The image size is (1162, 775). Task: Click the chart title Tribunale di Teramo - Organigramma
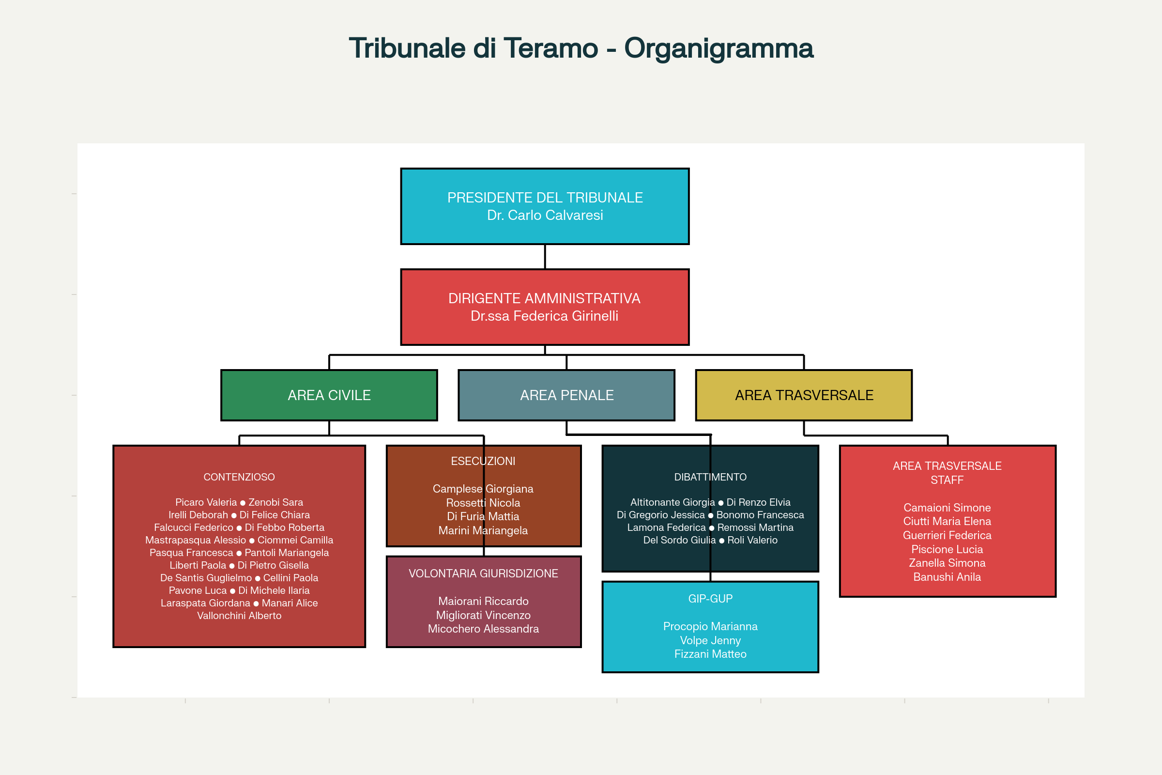[x=581, y=48]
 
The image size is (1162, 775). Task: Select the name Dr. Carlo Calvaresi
[x=545, y=216]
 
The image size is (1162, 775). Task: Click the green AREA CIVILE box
[x=329, y=395]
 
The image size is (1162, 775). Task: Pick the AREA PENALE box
[x=566, y=395]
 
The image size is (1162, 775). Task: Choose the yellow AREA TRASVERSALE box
[x=804, y=395]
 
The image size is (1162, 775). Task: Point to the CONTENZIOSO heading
[x=239, y=477]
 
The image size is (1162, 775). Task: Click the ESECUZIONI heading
[x=483, y=461]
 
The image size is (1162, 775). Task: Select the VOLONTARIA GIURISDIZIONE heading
[x=483, y=573]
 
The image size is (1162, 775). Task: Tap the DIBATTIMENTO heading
[x=710, y=477]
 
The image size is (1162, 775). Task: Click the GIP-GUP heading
[x=710, y=599]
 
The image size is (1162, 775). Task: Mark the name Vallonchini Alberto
[x=239, y=616]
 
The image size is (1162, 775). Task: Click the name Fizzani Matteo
[x=710, y=654]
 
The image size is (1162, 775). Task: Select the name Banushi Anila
[x=947, y=577]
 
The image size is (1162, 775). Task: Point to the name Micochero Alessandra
[x=483, y=629]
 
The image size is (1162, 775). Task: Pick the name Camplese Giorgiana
[x=483, y=489]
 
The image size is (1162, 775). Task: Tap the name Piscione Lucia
[x=947, y=550]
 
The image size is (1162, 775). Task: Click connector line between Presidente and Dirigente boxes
[x=545, y=257]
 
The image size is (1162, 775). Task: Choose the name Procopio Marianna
[x=710, y=627]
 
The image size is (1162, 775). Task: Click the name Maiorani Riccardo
[x=483, y=602]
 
